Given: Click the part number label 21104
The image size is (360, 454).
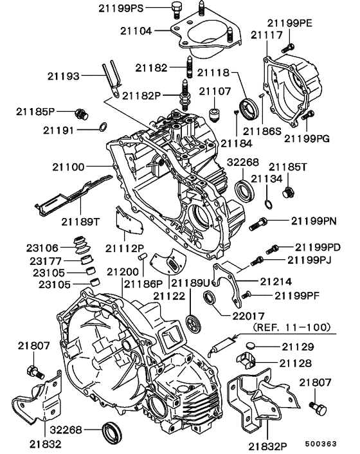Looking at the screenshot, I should (x=136, y=30).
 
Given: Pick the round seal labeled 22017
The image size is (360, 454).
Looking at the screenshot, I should (x=210, y=298).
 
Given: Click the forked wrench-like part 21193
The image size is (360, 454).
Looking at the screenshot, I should (x=110, y=75).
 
